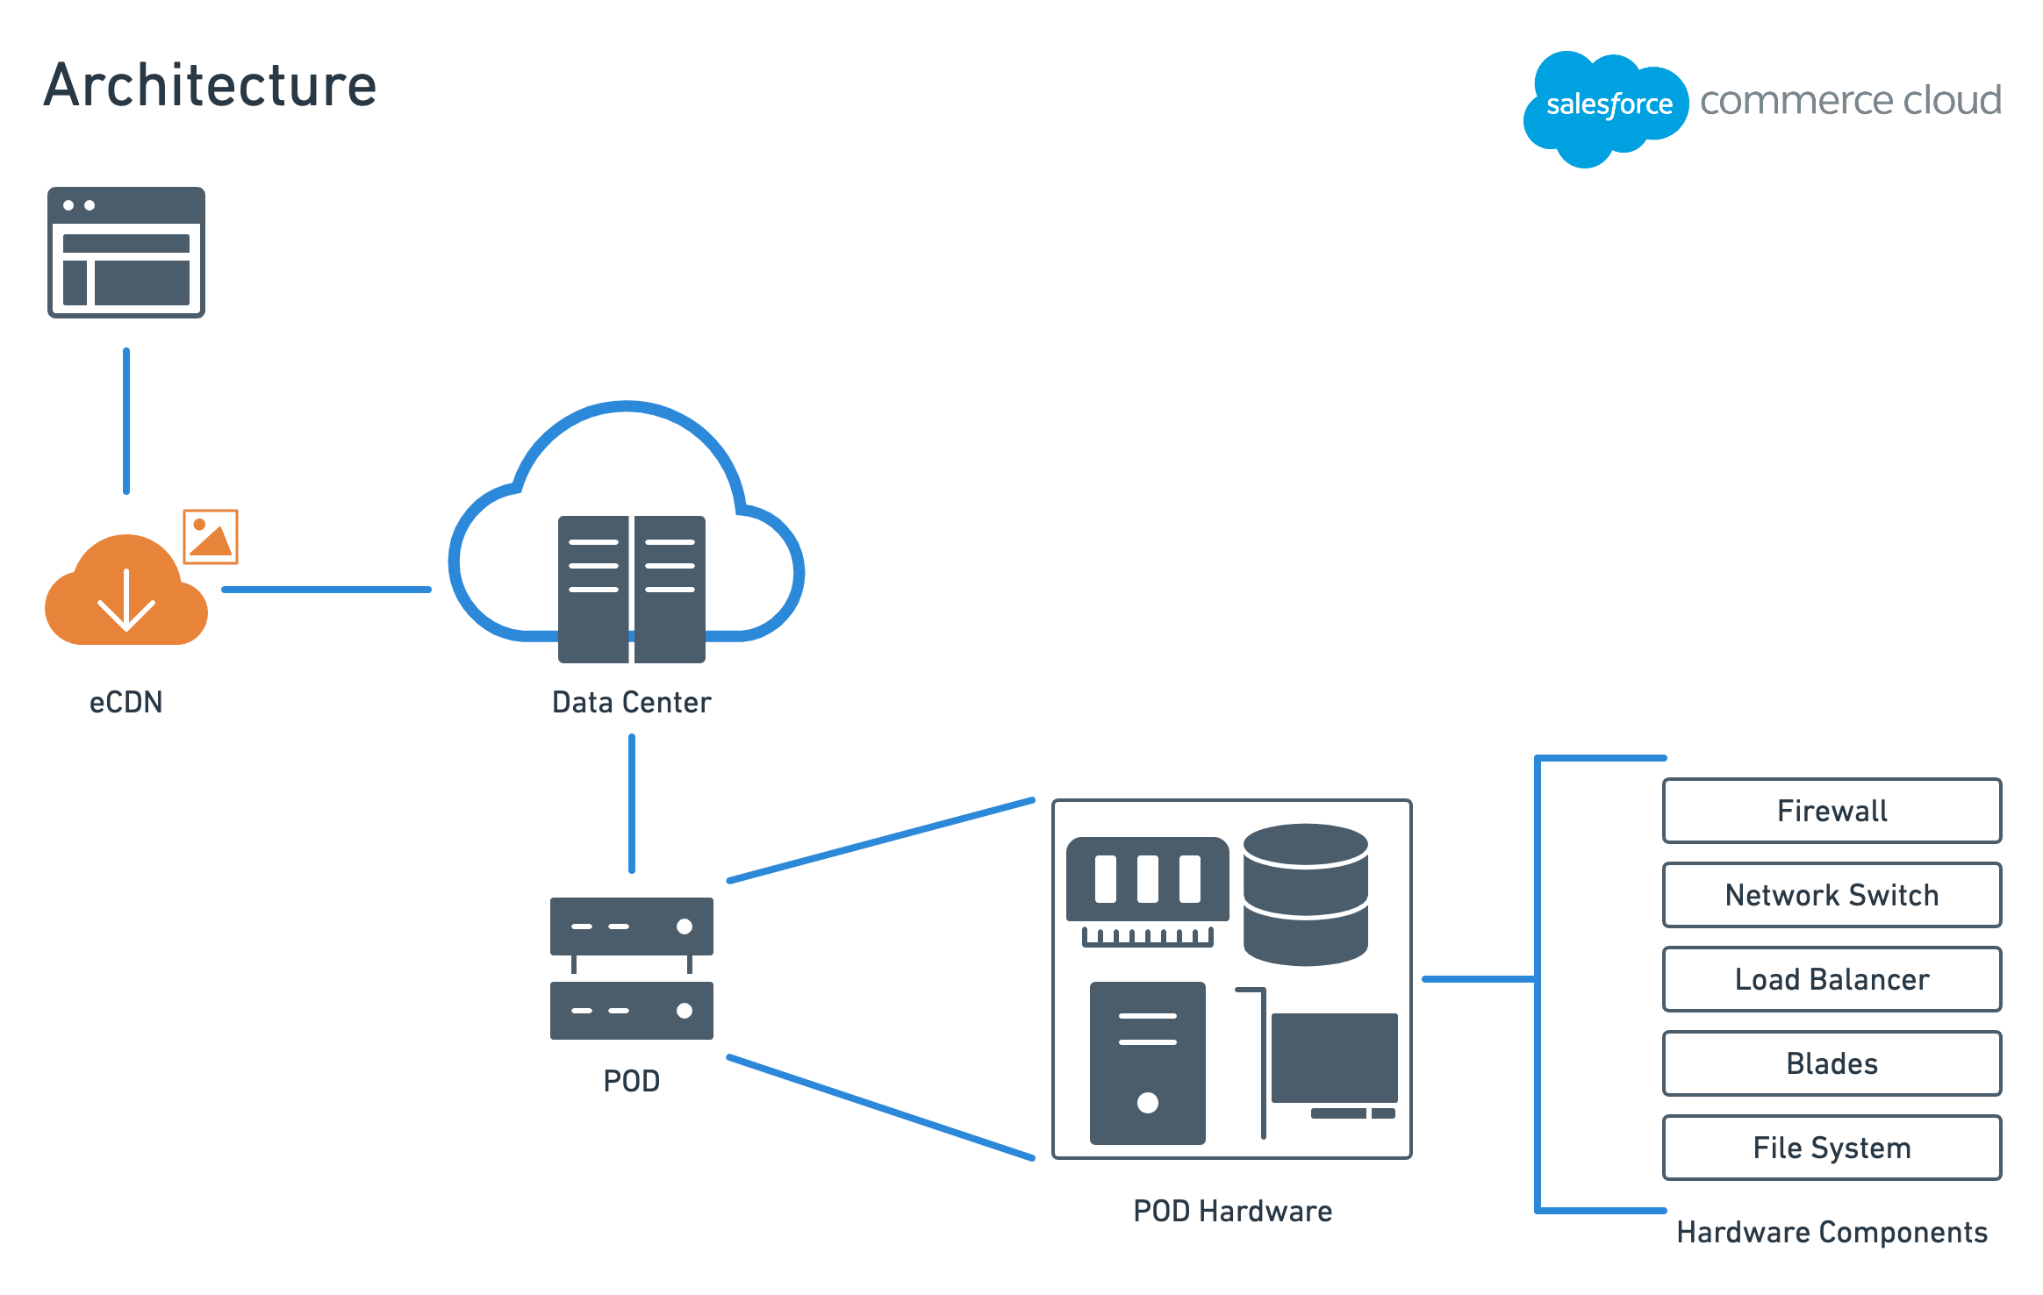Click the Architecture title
[211, 85]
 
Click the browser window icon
[126, 252]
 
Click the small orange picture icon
[211, 536]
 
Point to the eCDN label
[126, 702]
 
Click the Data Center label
[632, 702]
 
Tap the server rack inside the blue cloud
[632, 589]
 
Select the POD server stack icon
[632, 968]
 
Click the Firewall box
[1832, 811]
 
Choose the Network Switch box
[1832, 895]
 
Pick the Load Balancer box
[1832, 979]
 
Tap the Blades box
[1832, 1063]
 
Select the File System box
[1832, 1148]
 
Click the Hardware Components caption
[1832, 1233]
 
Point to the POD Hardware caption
[1233, 1211]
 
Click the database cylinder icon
[1306, 894]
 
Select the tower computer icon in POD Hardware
[1148, 1063]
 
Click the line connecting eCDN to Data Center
[326, 590]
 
